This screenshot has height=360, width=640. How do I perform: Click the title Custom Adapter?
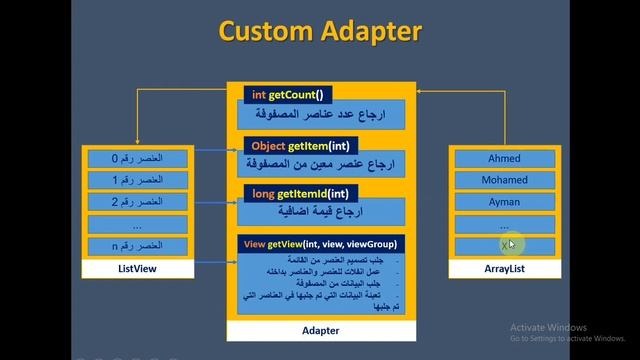(320, 31)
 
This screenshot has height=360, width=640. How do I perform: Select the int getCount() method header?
(288, 94)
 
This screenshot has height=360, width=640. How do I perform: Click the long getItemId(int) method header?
(300, 192)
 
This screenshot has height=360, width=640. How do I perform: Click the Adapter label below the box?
(320, 330)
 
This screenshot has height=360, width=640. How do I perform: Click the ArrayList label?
(504, 270)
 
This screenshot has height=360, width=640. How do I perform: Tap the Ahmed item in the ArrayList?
(504, 159)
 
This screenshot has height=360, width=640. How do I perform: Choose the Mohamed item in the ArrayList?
(504, 180)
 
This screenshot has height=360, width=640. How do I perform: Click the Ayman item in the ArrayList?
(504, 202)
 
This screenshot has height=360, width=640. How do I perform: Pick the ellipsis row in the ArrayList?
(504, 224)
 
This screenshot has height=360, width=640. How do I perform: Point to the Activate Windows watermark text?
(547, 327)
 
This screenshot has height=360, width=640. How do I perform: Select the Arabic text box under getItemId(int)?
(320, 213)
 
